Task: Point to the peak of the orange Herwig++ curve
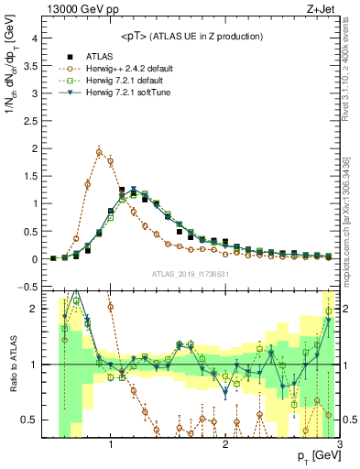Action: pyautogui.click(x=99, y=152)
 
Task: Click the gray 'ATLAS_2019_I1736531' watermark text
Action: pyautogui.click(x=189, y=273)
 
